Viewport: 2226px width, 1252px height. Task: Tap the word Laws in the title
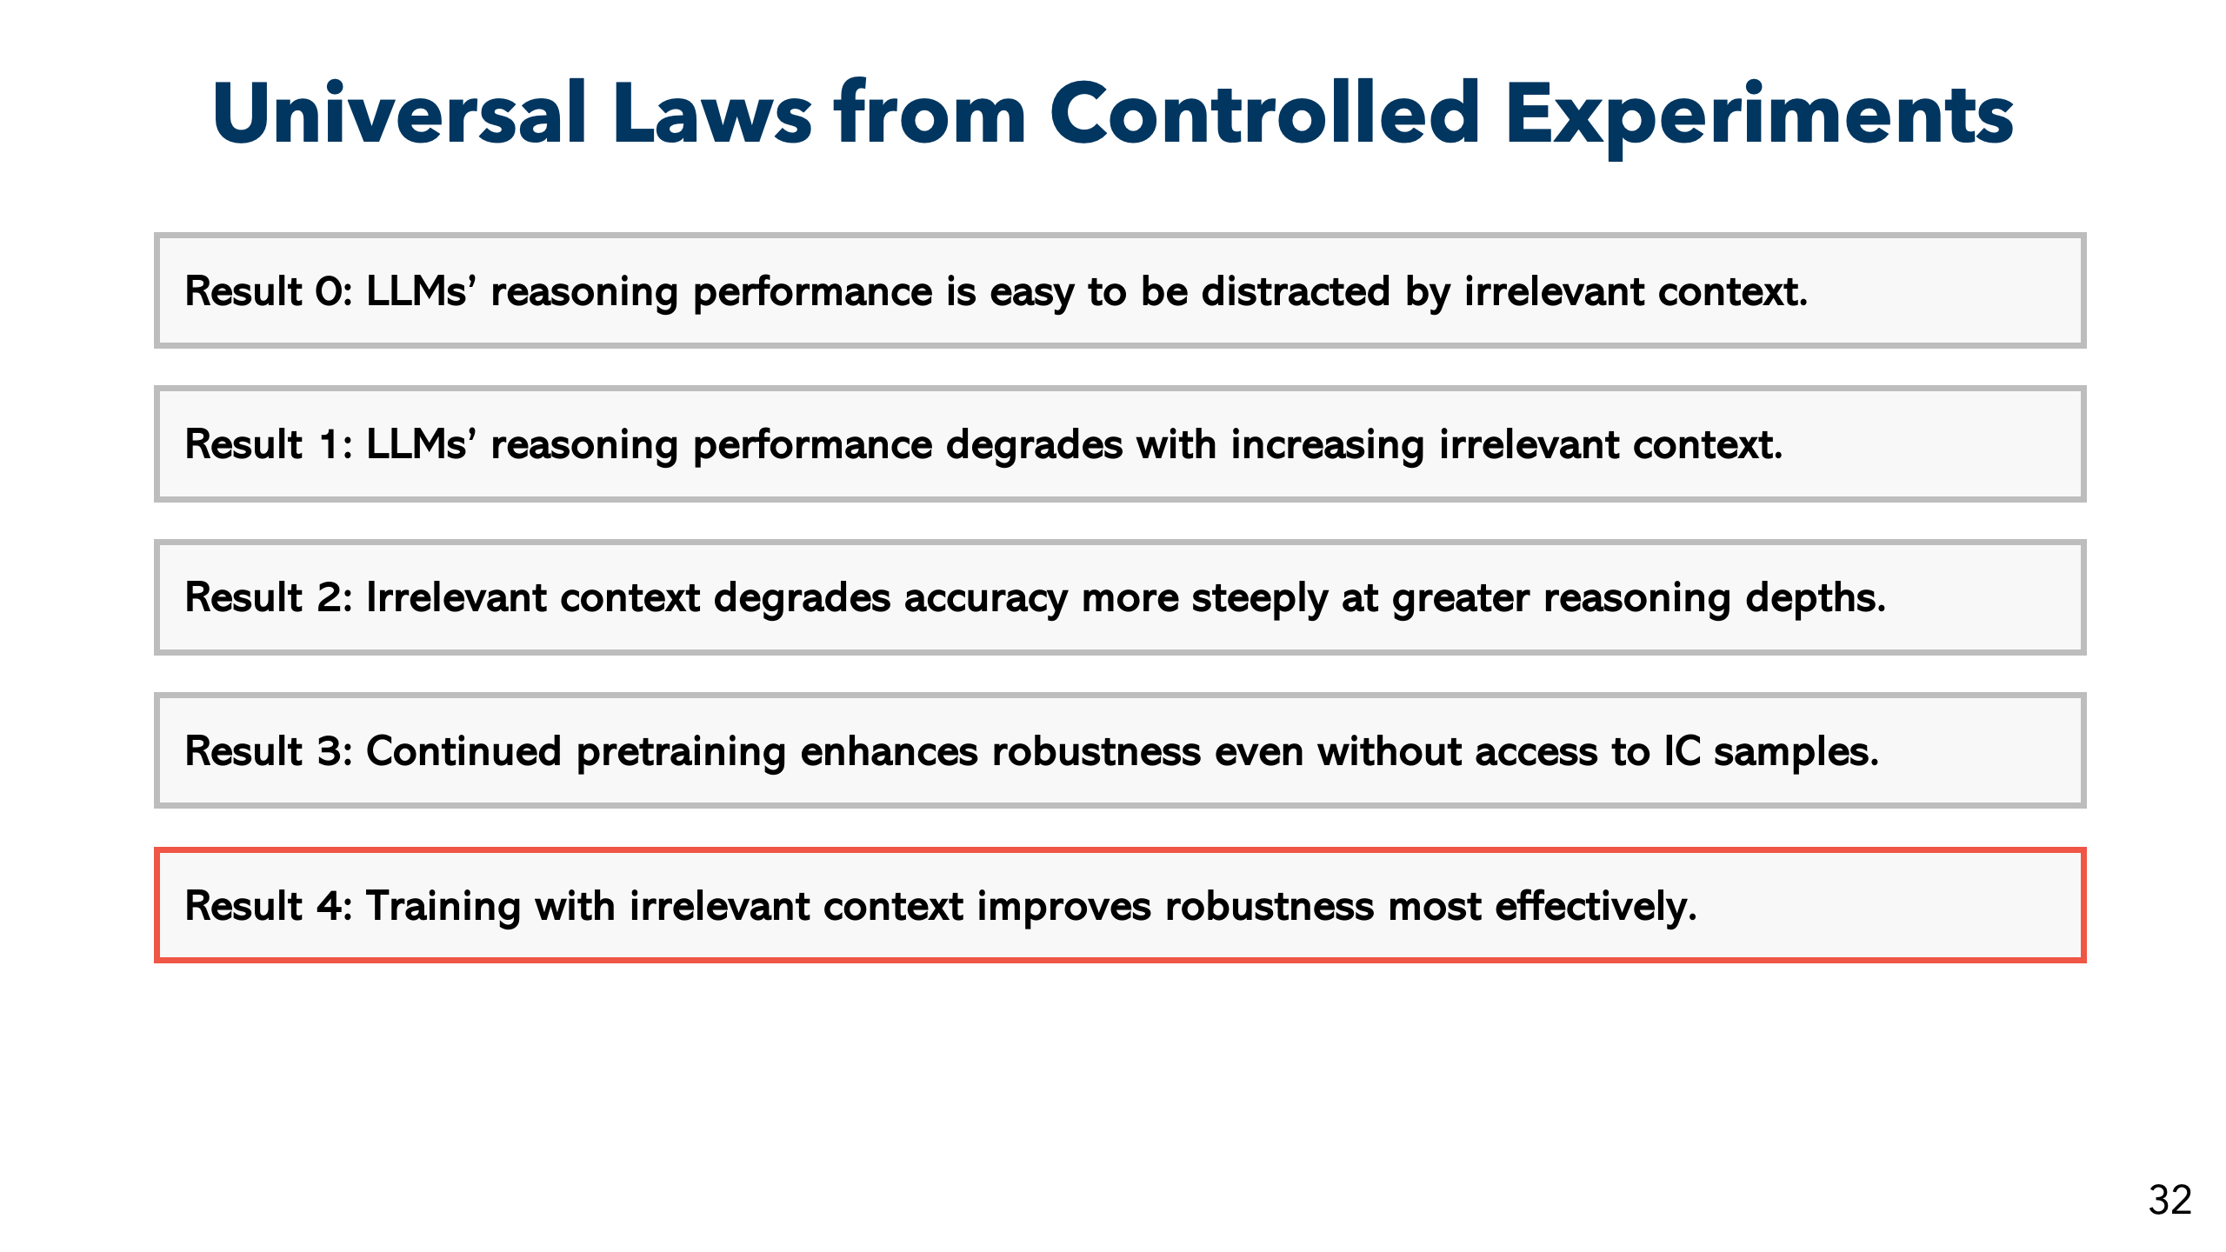712,113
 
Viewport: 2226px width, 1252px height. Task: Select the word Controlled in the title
1264,113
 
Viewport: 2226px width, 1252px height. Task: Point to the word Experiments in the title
1759,117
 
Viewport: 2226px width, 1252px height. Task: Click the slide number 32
2169,1200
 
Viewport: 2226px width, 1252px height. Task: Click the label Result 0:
269,290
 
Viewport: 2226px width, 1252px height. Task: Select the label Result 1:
269,443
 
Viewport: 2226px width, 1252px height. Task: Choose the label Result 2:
269,597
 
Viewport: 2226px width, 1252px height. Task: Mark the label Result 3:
269,750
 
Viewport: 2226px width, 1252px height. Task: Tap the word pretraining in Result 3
681,752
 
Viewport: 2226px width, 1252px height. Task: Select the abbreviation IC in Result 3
1682,750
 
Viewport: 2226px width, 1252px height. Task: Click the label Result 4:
269,905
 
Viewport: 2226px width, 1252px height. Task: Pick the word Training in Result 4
443,907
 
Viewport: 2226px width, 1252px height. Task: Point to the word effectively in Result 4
1596,907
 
